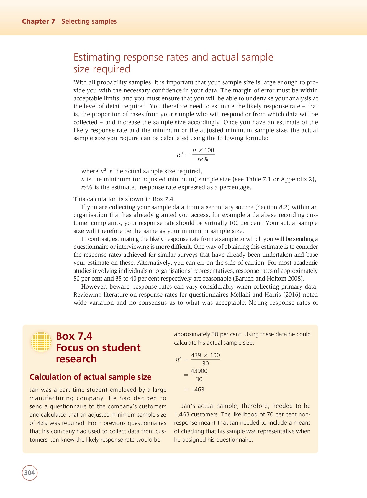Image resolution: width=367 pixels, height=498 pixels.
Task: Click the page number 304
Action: [30, 473]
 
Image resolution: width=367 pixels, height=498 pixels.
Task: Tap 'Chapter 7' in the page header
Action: [39, 21]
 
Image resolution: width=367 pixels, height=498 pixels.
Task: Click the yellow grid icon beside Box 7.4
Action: [41, 342]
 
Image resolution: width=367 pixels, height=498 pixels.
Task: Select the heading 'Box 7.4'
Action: [74, 336]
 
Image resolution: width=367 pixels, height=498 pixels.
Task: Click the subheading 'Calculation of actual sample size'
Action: [90, 377]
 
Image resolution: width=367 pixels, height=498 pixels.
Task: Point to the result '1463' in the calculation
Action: [198, 390]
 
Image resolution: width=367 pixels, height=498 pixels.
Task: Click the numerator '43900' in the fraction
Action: [199, 371]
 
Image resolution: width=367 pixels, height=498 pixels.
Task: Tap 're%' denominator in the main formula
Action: [203, 159]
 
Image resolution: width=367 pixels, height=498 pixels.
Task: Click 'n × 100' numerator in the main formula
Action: [203, 150]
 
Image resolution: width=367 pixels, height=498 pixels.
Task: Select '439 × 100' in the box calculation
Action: [205, 355]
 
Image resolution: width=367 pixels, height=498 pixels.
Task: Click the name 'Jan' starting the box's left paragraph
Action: [34, 390]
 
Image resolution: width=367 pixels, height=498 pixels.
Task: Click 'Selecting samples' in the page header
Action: [89, 21]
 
